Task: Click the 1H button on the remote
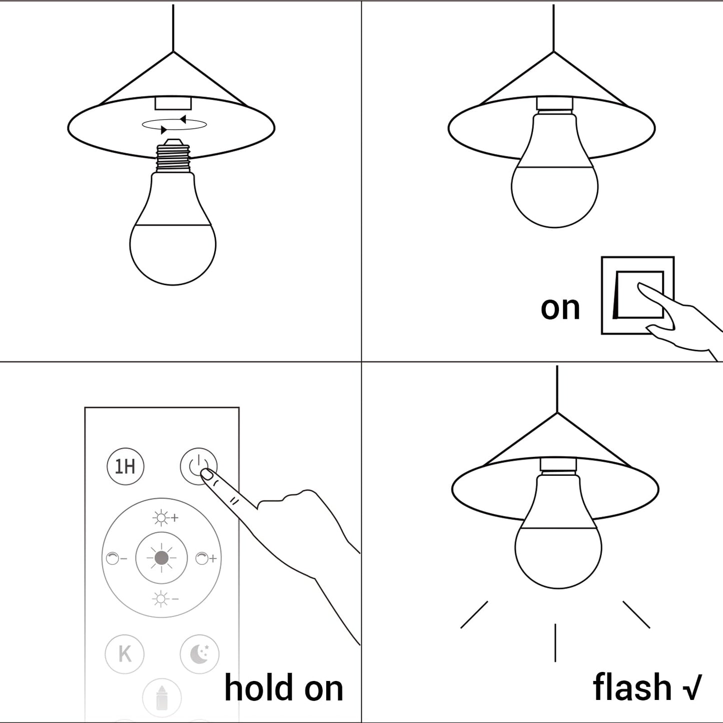126,466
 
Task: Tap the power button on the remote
199,466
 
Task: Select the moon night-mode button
200,653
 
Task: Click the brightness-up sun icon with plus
165,518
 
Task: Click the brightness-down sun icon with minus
165,598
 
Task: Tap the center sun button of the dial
161,558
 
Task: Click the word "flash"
631,687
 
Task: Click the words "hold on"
284,688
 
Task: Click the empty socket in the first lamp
173,103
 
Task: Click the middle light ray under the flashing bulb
555,642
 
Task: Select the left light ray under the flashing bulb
474,615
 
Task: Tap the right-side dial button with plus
206,558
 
